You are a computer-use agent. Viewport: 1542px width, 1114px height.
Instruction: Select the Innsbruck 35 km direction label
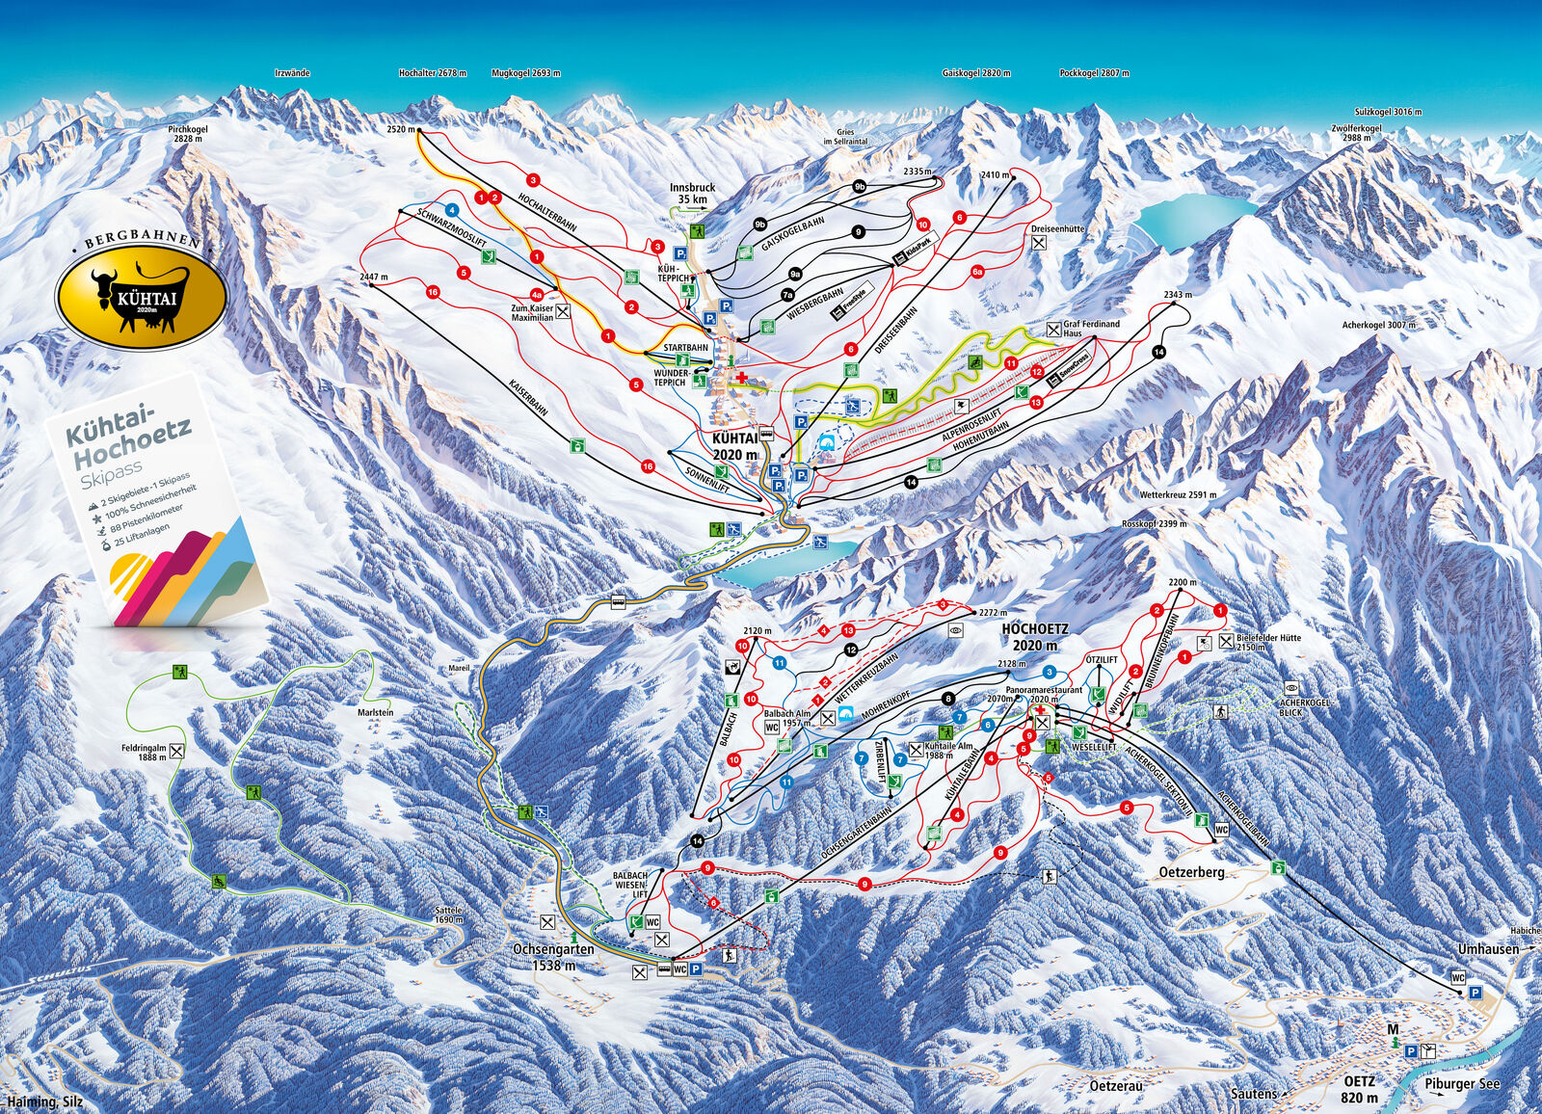(691, 193)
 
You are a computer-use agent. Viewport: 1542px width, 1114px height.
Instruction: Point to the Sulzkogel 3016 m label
(1388, 113)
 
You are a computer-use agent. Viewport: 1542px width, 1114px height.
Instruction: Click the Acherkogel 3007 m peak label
(1378, 326)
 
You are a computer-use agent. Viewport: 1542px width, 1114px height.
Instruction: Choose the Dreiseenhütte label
(1057, 229)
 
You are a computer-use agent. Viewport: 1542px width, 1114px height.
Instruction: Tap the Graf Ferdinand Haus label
(1091, 329)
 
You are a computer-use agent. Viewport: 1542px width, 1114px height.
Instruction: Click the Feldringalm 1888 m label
(144, 752)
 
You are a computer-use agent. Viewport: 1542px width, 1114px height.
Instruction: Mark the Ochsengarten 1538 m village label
(552, 956)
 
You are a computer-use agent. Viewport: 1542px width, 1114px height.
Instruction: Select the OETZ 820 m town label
(1360, 1089)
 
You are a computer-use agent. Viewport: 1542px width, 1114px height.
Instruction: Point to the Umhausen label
(1488, 949)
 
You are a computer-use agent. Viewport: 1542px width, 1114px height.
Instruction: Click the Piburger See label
(1462, 1084)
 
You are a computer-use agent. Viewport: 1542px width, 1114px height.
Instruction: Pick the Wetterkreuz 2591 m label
(1177, 495)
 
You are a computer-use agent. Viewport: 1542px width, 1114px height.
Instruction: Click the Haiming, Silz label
(44, 1102)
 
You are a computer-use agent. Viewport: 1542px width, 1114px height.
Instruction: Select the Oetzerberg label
(1190, 872)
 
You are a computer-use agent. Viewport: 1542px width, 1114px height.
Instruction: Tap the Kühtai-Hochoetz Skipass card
(159, 501)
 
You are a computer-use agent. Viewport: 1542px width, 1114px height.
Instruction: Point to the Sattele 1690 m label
(449, 915)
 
